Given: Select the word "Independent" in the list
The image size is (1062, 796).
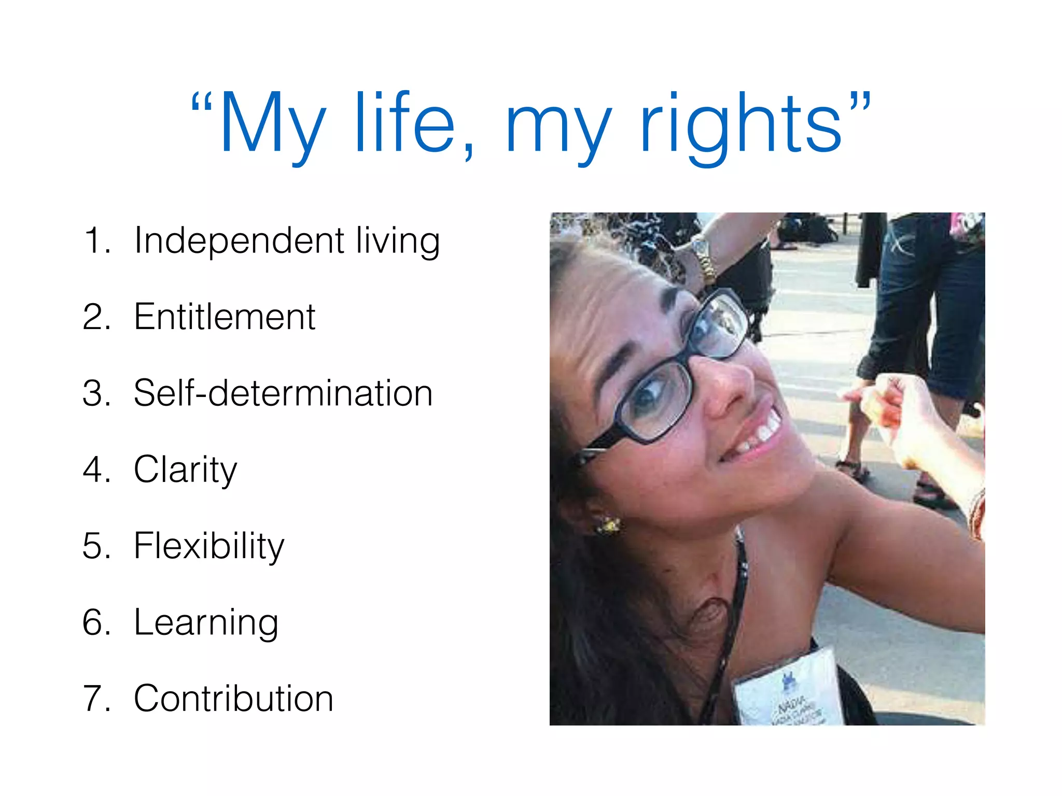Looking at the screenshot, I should pyautogui.click(x=239, y=240).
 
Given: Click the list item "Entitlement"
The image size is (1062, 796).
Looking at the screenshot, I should pyautogui.click(x=224, y=317).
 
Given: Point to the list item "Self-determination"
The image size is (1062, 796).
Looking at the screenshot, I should pyautogui.click(x=283, y=393).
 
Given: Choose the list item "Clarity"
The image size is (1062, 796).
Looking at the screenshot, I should pyautogui.click(x=185, y=470).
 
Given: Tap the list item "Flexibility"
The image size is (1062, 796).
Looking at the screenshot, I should pyautogui.click(x=209, y=546).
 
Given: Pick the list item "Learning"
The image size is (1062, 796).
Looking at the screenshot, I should pyautogui.click(x=206, y=622).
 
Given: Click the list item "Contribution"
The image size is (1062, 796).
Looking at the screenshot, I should pyautogui.click(x=233, y=698).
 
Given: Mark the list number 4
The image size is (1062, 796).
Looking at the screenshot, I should pyautogui.click(x=96, y=470).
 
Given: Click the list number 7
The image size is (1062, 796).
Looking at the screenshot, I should pyautogui.click(x=96, y=698).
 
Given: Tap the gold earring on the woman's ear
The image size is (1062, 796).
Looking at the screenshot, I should pyautogui.click(x=608, y=525).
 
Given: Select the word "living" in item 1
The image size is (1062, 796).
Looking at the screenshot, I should pyautogui.click(x=398, y=240).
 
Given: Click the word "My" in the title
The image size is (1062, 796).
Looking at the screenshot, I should pyautogui.click(x=272, y=124).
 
